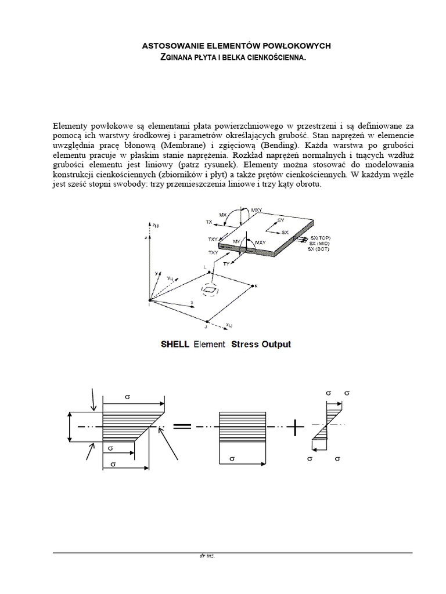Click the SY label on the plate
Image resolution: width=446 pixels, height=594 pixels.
point(282,221)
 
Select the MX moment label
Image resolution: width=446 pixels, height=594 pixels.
point(223,215)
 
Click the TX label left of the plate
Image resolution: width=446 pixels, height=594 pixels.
point(209,222)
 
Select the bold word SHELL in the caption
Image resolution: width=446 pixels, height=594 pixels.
point(175,344)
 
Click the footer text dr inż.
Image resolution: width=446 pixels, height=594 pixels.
point(207,556)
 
